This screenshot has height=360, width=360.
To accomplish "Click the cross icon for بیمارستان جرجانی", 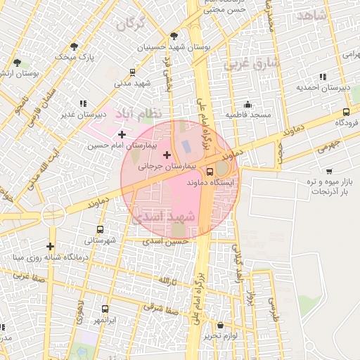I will [x=167, y=155].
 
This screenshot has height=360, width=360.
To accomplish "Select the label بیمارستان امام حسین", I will [x=116, y=146].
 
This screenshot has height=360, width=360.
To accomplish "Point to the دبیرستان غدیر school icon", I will [x=84, y=103].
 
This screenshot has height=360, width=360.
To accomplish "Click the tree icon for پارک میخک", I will [x=74, y=46].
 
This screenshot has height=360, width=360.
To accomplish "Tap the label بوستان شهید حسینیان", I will [x=175, y=46].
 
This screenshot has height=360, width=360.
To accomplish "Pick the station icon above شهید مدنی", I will [x=133, y=72].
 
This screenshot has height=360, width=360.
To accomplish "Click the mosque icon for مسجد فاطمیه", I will [x=247, y=103].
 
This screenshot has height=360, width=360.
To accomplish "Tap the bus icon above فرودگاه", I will [x=346, y=112].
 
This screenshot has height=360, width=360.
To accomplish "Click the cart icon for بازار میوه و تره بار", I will [x=329, y=171].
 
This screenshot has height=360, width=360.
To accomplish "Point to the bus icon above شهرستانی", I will [x=99, y=229].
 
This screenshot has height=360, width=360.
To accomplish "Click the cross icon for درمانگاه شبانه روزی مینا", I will [x=50, y=246].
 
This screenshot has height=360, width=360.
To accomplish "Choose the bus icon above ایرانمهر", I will [x=105, y=309].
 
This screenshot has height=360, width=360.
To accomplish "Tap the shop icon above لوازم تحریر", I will [x=221, y=326].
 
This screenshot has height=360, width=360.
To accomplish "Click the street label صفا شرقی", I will [x=171, y=310].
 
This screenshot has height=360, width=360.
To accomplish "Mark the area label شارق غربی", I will [x=251, y=64].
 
